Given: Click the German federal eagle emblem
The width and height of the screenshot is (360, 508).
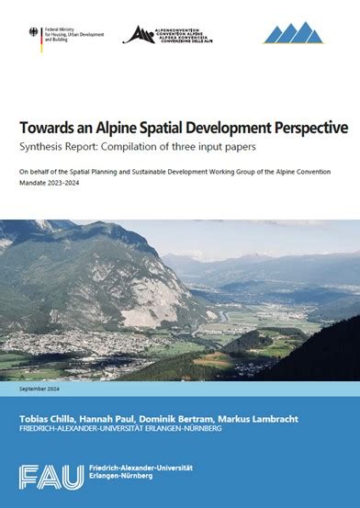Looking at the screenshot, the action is (34, 34).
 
